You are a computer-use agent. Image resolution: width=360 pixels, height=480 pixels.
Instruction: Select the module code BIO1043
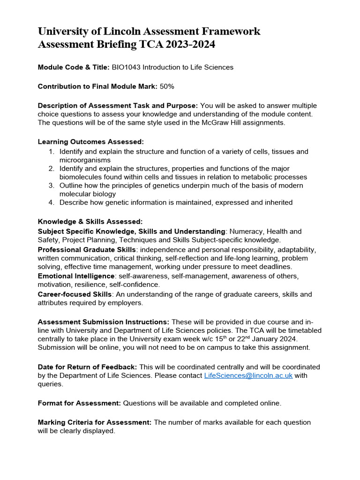126,67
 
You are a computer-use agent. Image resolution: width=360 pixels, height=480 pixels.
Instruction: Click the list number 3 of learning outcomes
52,186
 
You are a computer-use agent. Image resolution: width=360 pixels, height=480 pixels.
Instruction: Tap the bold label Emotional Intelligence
76,276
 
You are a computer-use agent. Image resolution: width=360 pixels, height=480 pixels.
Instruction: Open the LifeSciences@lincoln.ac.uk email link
248,376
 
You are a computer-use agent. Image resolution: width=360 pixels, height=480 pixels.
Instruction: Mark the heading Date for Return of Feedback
87,367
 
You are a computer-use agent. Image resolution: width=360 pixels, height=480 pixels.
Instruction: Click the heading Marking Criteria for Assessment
94,422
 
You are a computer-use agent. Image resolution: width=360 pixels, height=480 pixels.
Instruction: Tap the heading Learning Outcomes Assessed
90,142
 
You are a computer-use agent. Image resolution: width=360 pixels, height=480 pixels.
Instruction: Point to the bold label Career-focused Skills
75,294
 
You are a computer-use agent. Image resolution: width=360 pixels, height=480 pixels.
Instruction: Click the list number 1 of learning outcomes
52,152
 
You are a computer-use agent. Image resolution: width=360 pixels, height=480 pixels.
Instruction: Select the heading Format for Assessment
79,403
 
